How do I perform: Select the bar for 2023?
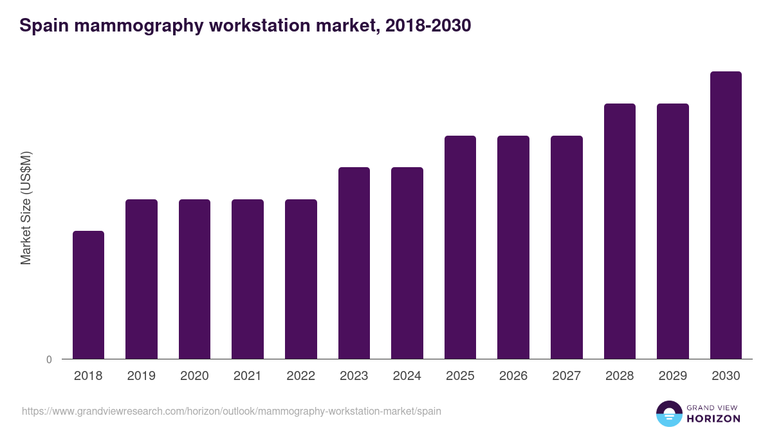point(354,263)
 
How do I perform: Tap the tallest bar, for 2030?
point(726,215)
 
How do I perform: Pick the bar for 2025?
point(460,247)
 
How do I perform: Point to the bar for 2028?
point(620,231)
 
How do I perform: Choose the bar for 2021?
point(248,279)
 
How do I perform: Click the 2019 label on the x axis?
point(142,376)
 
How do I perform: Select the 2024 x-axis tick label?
point(407,376)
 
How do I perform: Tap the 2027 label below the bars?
point(567,376)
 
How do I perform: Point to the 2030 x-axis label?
point(726,376)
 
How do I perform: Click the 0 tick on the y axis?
point(49,360)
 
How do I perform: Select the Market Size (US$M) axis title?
point(26,207)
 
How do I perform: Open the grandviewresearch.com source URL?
point(232,411)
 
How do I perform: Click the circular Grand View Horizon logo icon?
point(668,413)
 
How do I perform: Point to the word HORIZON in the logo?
point(713,419)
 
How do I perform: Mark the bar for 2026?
point(513,247)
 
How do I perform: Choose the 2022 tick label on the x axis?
point(301,376)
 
